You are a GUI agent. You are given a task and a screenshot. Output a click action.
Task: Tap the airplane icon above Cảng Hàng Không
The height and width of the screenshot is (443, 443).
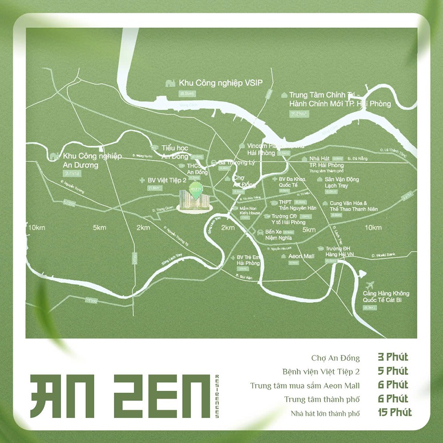[371, 284]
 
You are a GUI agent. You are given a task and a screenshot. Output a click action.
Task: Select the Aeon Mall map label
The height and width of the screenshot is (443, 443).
[301, 256]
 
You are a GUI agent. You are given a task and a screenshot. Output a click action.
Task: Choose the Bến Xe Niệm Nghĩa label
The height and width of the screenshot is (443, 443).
[278, 235]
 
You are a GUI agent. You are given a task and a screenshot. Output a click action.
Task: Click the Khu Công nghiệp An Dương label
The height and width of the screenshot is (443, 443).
[92, 160]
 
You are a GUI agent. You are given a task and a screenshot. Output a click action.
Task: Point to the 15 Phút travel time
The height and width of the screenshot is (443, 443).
[395, 413]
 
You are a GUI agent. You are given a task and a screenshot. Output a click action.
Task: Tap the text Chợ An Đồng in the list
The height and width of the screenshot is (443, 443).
[335, 358]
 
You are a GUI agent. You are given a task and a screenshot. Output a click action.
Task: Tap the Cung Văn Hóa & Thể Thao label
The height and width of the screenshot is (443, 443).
[353, 206]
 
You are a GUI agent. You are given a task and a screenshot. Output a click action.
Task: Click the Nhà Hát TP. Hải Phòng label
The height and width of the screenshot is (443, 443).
[327, 162]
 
